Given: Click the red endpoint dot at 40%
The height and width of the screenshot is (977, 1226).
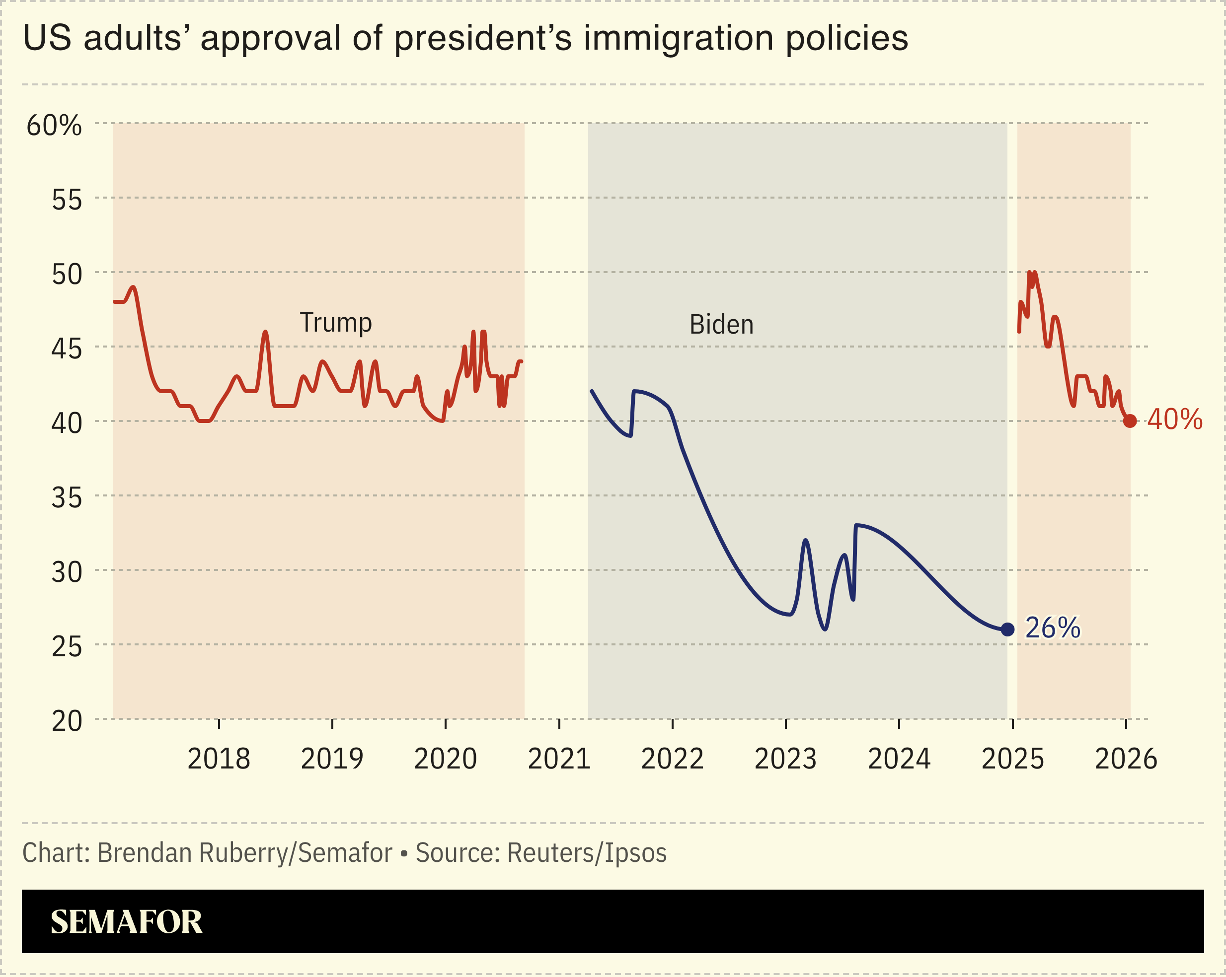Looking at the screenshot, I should click(x=1130, y=421).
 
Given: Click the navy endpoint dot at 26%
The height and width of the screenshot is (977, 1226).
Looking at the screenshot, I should click(x=1007, y=629).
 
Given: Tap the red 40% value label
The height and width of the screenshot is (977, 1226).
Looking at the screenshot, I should click(x=1175, y=420).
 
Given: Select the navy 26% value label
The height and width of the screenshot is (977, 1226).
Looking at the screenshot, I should click(x=1053, y=628).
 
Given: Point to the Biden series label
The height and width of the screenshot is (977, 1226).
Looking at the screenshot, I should click(x=721, y=325).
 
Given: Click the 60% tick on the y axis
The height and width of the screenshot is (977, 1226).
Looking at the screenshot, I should click(x=54, y=125).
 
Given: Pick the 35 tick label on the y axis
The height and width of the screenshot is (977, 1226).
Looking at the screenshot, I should click(x=67, y=498).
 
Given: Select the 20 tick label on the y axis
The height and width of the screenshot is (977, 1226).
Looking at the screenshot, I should click(x=67, y=722).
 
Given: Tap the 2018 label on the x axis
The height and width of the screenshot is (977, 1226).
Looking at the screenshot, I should click(x=219, y=759).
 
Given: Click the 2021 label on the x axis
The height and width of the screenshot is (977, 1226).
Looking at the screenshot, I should click(x=559, y=759).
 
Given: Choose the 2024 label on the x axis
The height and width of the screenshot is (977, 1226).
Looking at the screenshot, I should click(x=899, y=759).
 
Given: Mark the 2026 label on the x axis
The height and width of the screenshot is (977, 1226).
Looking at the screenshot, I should click(x=1126, y=759).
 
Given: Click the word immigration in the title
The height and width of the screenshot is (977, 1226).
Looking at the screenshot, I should click(x=679, y=39).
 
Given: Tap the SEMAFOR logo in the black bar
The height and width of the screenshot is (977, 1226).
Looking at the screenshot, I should click(x=126, y=922).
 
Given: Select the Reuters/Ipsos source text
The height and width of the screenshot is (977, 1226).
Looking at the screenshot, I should click(x=586, y=853).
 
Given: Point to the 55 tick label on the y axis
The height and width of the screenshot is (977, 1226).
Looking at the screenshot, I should click(x=67, y=200).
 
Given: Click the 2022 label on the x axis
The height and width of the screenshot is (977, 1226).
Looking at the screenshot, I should click(x=672, y=759).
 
